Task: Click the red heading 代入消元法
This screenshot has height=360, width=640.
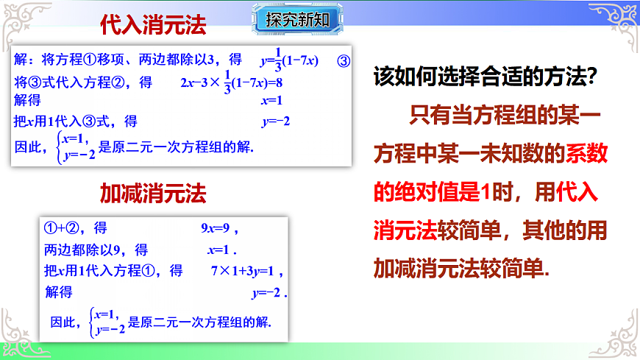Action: (x=153, y=26)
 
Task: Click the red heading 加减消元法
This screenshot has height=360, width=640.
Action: (x=153, y=193)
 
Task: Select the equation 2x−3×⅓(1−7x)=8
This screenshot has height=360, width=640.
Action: (x=231, y=82)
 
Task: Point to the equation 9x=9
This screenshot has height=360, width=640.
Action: (x=219, y=228)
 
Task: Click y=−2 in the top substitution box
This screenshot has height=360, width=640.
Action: (x=275, y=121)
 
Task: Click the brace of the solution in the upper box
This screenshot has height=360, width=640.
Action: (x=58, y=146)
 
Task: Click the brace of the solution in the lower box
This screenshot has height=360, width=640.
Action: (x=90, y=322)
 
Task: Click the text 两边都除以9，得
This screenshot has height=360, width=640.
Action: (x=96, y=249)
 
